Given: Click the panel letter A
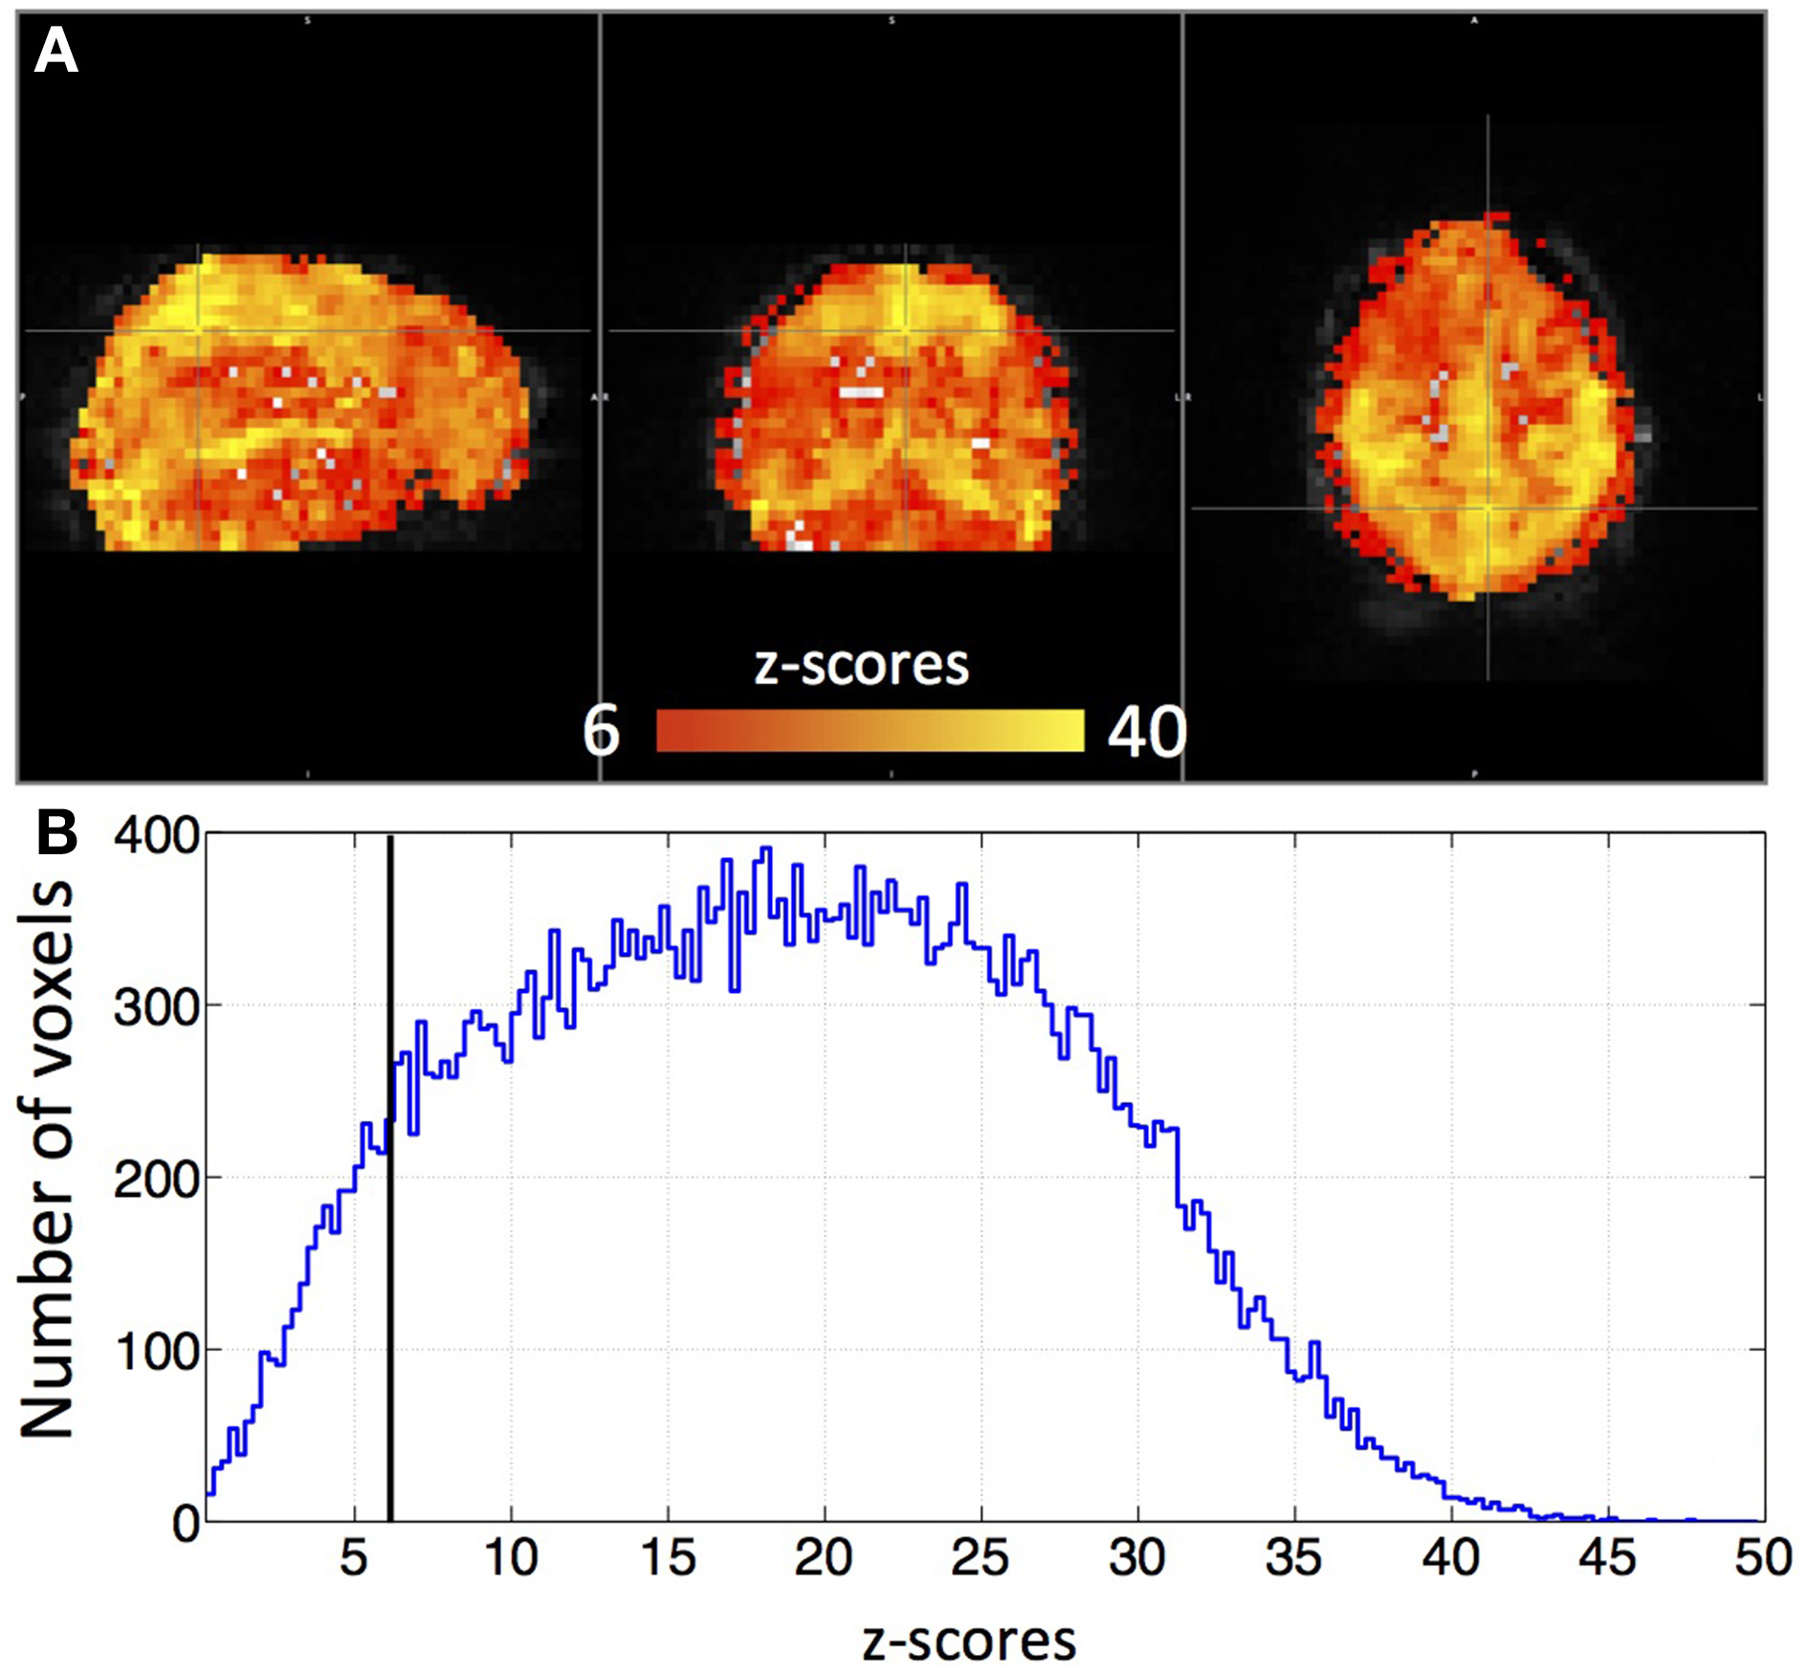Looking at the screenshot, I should click(x=55, y=52).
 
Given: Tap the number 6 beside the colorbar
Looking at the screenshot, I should click(x=601, y=732).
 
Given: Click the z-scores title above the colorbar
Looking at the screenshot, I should click(x=861, y=665).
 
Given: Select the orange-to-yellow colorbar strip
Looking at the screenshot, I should click(x=870, y=731).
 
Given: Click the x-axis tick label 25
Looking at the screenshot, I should click(x=980, y=1558).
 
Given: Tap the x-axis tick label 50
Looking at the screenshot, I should click(x=1762, y=1558).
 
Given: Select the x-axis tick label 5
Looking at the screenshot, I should click(x=354, y=1558).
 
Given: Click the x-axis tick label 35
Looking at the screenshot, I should click(x=1293, y=1558).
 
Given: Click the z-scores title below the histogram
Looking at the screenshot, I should click(x=968, y=1641).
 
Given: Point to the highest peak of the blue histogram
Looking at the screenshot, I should click(x=765, y=849).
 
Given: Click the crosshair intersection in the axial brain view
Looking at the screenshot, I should click(x=1488, y=508).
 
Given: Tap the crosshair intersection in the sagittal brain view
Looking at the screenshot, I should click(x=198, y=331).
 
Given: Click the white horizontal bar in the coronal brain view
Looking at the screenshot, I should click(x=861, y=392).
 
